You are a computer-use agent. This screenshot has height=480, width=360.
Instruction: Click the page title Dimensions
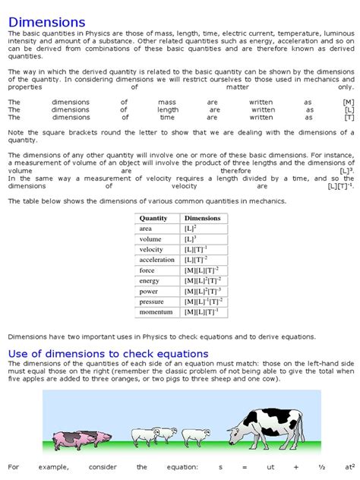pyautogui.click(x=46, y=23)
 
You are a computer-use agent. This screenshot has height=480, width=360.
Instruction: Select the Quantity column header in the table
pyautogui.click(x=153, y=218)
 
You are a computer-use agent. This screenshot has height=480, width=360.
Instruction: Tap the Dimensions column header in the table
pyautogui.click(x=202, y=218)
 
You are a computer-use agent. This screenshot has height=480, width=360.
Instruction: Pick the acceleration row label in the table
pyautogui.click(x=157, y=260)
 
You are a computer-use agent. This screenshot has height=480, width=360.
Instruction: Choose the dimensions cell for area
pyautogui.click(x=190, y=229)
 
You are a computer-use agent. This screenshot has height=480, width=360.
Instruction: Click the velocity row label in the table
pyautogui.click(x=151, y=249)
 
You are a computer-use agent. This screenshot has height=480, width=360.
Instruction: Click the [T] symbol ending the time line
pyautogui.click(x=349, y=118)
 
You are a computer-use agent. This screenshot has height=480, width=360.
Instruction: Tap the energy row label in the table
pyautogui.click(x=150, y=280)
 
